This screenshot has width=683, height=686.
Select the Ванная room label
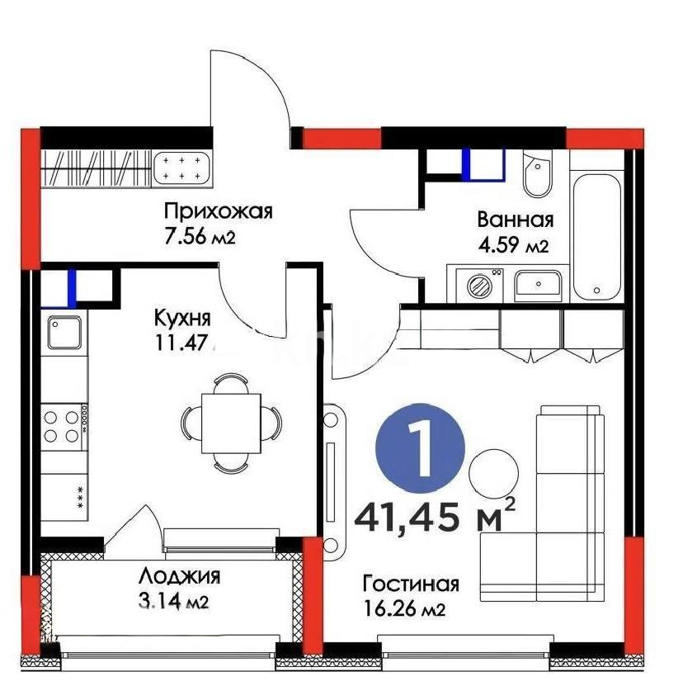515,220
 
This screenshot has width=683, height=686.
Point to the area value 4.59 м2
513,245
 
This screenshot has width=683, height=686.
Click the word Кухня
182,318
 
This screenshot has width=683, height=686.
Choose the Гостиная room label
410,584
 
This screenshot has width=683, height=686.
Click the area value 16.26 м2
404,610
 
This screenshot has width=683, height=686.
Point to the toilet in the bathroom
536,176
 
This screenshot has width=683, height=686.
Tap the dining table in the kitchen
231,423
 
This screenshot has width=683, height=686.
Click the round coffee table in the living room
492,471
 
